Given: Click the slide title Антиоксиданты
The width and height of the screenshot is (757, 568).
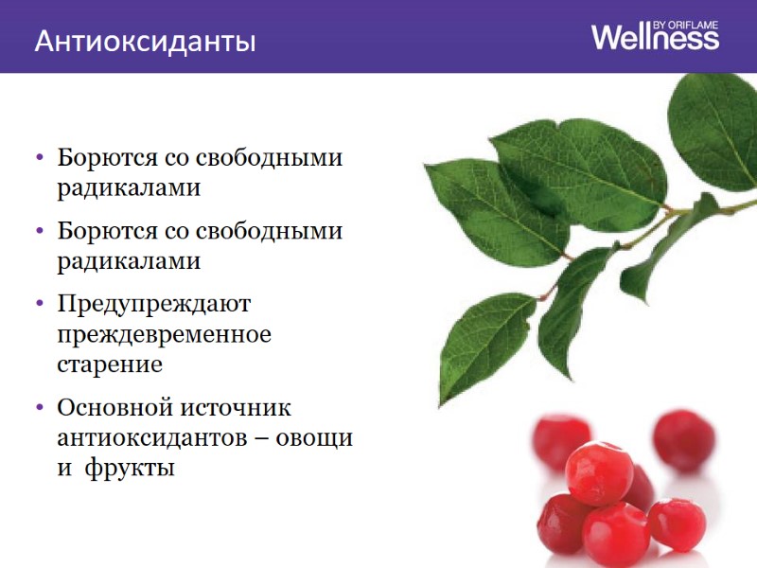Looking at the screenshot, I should click(x=145, y=42).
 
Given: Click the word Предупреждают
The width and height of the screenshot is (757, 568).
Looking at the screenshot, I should click(x=152, y=305).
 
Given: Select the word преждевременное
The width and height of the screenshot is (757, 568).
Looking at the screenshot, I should click(x=164, y=334).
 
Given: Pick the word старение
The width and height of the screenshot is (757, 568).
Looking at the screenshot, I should click(x=110, y=364).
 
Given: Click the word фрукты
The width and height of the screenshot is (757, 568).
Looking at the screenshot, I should click(x=130, y=468).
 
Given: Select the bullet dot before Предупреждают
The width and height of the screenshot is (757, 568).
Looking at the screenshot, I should click(x=38, y=304).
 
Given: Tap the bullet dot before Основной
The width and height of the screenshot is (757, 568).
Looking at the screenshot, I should click(x=38, y=408).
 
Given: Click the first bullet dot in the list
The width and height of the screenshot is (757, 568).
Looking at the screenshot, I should click(x=38, y=157).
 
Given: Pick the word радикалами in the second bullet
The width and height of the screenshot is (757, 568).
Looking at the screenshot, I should click(x=129, y=260).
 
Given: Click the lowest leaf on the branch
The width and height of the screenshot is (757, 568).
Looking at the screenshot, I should click(x=477, y=346).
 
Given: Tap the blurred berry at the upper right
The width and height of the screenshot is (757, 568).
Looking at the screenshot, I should click(x=683, y=439).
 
